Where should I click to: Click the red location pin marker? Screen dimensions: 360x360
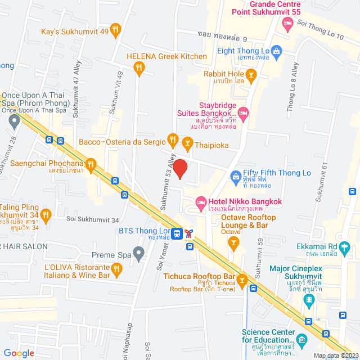(x=179, y=169)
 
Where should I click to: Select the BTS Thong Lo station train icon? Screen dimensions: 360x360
(x=177, y=232)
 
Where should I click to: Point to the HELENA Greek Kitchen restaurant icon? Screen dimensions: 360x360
(x=139, y=68)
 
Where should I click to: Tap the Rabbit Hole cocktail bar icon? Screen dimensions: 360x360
(x=251, y=74)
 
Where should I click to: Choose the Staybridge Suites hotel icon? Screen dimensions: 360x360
(x=244, y=114)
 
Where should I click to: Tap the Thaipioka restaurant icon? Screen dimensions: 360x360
(x=187, y=145)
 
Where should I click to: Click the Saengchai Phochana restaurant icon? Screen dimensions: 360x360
(x=91, y=164)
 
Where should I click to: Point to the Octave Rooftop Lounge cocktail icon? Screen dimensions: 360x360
(x=234, y=243)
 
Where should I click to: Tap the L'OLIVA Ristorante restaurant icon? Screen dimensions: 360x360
(x=117, y=270)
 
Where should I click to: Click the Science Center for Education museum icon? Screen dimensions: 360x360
(x=302, y=339)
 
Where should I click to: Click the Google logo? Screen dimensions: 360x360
(x=19, y=353)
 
